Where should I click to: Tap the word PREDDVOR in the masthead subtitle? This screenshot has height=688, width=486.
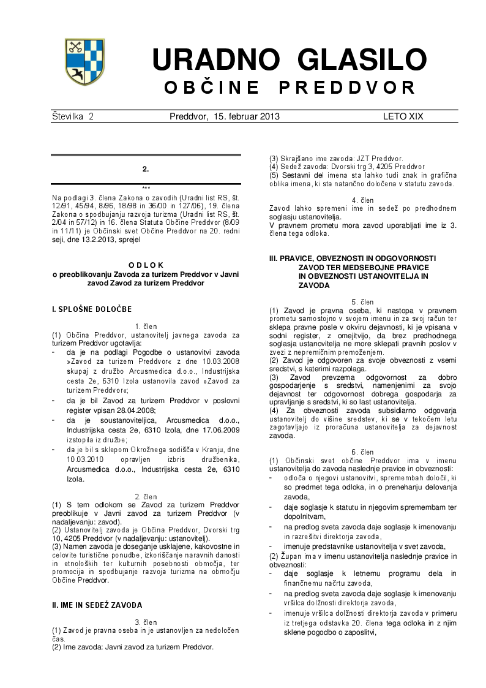point(348,88)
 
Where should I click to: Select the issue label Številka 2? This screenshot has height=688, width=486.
point(73,116)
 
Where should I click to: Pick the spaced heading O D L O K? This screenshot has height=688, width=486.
point(145,265)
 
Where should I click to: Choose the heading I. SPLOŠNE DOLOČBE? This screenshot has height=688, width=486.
point(92,309)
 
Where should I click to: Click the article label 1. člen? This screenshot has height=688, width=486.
point(146,327)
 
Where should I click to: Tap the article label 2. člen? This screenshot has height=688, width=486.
point(146,496)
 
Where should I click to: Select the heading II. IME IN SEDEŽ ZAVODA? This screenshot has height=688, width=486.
point(97,605)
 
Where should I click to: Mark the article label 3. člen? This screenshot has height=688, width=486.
point(146,622)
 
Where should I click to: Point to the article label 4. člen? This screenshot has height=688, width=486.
point(363,200)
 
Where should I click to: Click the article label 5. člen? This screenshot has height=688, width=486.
point(363,302)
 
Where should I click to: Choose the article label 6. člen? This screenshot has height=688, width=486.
point(363,452)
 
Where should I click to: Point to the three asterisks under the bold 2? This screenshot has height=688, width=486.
point(146,187)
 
